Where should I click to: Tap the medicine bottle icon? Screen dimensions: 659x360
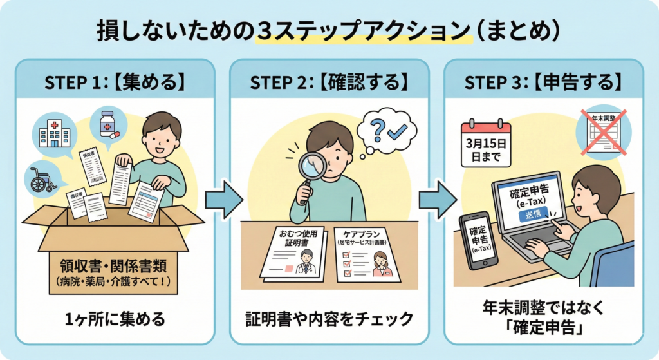(108, 124)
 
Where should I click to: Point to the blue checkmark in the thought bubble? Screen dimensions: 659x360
(396, 131)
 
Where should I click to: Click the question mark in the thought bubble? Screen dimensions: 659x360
(377, 129)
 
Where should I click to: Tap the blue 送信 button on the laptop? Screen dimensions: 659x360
(534, 214)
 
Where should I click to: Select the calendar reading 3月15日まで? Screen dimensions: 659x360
(486, 144)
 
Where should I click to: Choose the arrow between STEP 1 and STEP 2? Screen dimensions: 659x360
(223, 200)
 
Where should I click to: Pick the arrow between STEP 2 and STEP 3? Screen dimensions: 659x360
(438, 200)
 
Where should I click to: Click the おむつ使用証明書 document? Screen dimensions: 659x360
(293, 254)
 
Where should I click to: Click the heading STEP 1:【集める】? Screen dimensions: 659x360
(115, 82)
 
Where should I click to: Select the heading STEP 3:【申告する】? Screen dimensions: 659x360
(544, 82)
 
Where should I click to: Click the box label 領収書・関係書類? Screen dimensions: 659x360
(113, 266)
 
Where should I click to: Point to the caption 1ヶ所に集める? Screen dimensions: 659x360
(115, 319)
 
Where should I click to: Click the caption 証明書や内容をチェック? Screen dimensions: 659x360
(329, 319)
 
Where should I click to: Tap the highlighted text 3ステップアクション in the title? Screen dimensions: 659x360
(363, 31)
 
